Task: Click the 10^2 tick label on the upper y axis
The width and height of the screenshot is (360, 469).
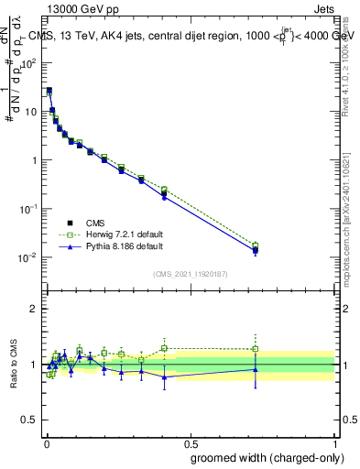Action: pos(29,63)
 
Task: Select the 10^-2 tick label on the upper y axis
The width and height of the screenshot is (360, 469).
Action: pos(29,257)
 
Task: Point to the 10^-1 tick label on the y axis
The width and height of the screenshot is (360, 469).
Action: pos(29,209)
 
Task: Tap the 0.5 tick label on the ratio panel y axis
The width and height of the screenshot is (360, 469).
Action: pos(31,420)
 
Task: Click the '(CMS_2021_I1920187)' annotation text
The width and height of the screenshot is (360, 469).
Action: pos(190,273)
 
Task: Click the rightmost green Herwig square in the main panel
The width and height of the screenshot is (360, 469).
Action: pos(256,245)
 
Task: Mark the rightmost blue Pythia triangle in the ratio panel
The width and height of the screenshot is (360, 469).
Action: pos(256,369)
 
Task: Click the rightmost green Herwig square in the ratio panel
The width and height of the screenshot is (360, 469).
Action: pos(256,349)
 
